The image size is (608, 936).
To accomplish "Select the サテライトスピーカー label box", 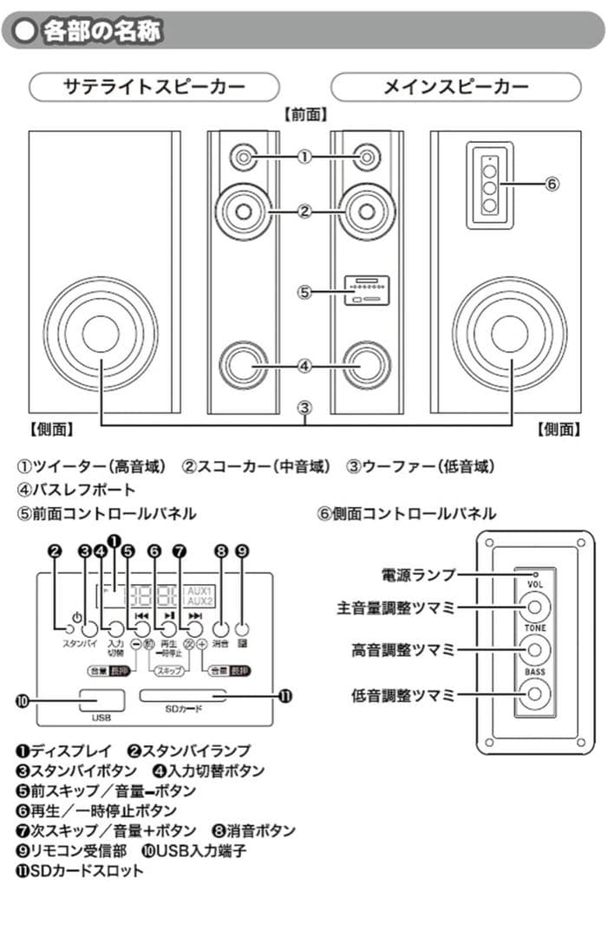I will [154, 88].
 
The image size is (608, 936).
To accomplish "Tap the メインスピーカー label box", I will [455, 88].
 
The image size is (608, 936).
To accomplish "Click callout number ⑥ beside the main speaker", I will [551, 184].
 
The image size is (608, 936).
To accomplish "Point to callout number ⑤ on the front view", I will [304, 292].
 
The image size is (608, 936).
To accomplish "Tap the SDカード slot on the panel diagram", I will [183, 695].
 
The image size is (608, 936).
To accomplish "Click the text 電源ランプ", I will [418, 574].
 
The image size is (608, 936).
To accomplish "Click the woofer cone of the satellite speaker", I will [101, 334].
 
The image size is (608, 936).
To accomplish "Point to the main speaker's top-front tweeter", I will [368, 157].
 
